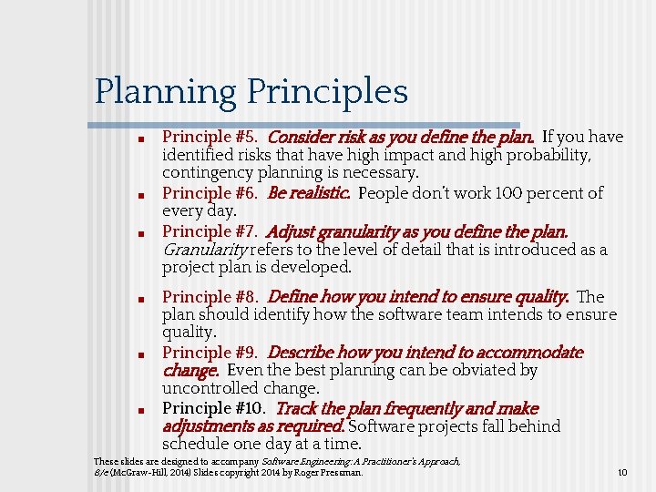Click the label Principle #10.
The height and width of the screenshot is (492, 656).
[x=213, y=409]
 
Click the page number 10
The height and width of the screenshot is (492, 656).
[x=622, y=473]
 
